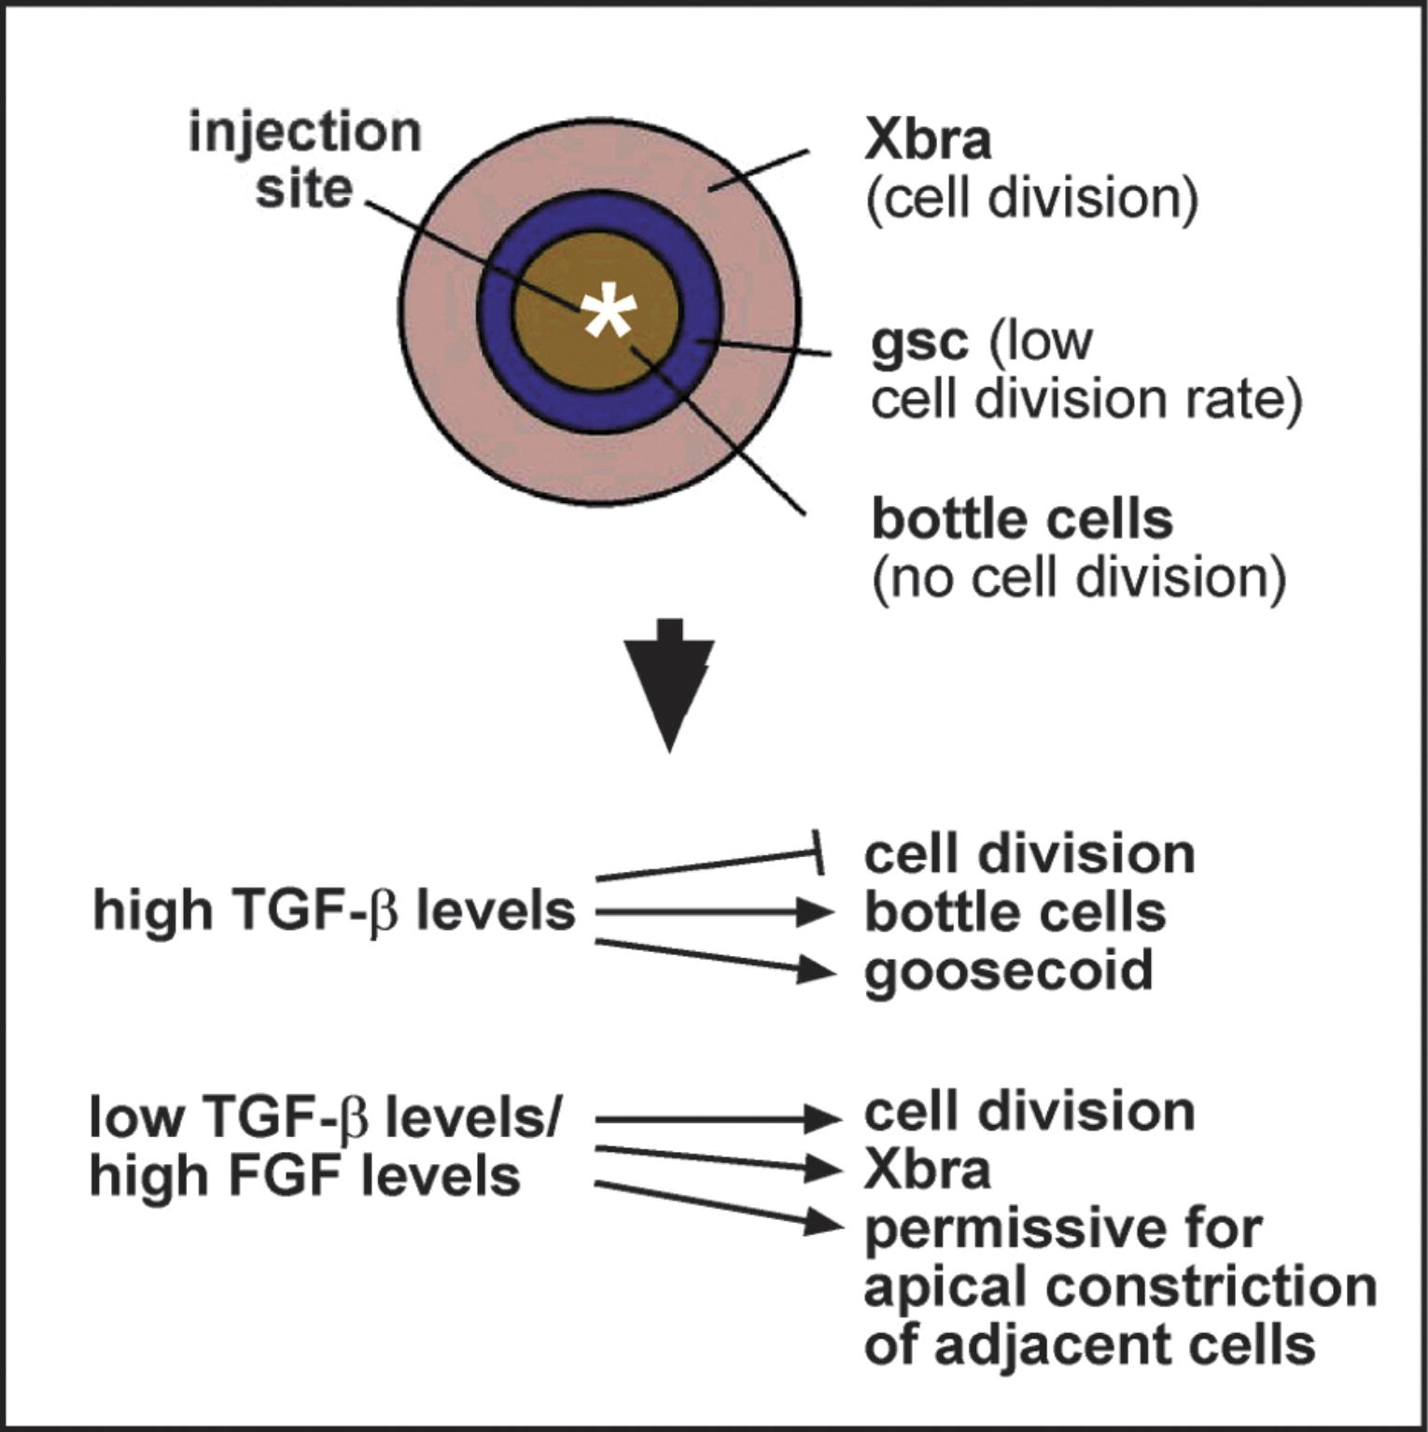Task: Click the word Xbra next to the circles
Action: tap(928, 140)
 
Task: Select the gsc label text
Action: tap(918, 343)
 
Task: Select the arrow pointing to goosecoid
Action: tap(714, 958)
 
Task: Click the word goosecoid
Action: tap(1009, 971)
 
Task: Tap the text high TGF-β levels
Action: tap(334, 910)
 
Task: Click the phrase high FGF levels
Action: tap(304, 1175)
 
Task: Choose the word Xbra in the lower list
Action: tap(927, 1169)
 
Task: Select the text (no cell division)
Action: tap(1078, 578)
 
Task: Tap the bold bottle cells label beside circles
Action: tap(1022, 520)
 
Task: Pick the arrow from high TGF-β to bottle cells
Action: tap(714, 912)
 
